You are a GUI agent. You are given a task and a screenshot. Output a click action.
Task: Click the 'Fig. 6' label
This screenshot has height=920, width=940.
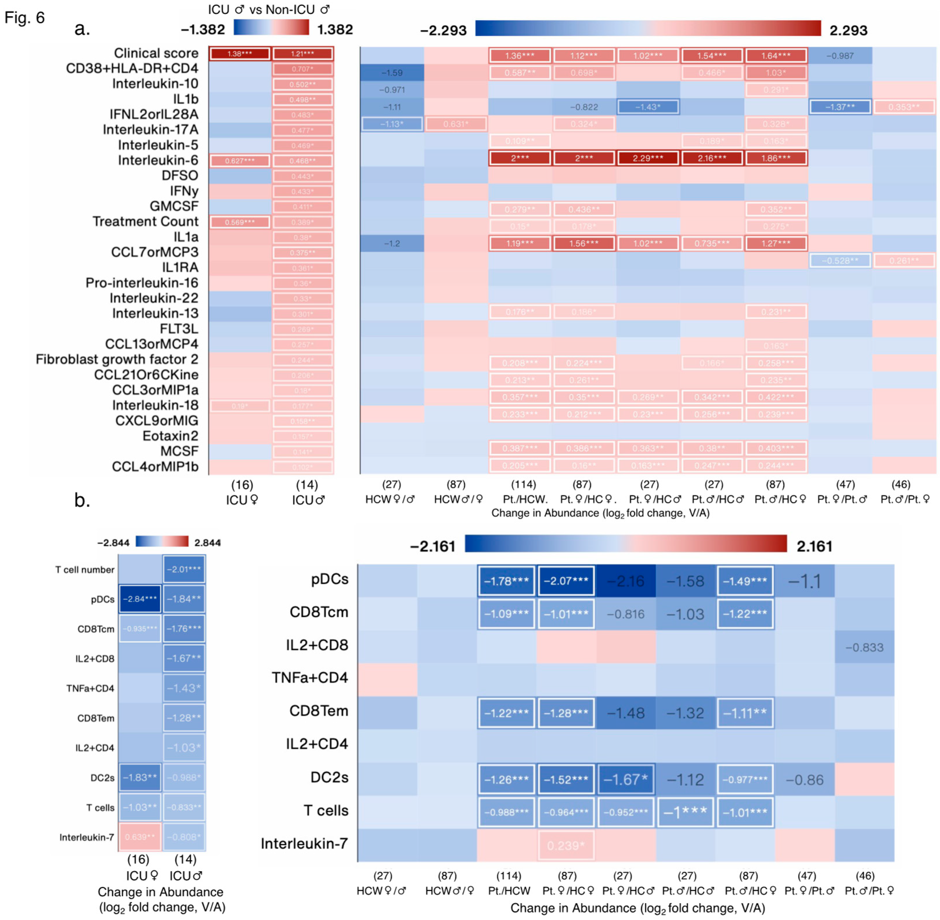(24, 18)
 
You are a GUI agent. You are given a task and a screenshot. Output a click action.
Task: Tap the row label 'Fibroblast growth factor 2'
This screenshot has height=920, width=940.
(117, 359)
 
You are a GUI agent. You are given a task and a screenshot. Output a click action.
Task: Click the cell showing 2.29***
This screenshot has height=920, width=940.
(648, 158)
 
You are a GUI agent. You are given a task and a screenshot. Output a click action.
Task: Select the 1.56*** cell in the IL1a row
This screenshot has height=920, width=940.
(583, 243)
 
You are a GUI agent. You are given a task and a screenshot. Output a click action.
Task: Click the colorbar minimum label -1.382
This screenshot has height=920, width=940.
(203, 30)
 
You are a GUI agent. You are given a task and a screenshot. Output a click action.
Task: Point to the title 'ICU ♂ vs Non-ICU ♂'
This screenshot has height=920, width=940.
(268, 10)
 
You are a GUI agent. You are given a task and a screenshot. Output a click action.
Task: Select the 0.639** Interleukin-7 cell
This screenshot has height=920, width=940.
(140, 837)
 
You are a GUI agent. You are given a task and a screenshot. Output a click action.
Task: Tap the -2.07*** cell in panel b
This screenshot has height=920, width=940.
(566, 581)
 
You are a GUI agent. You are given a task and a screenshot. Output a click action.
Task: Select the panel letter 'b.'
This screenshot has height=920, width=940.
(82, 500)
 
